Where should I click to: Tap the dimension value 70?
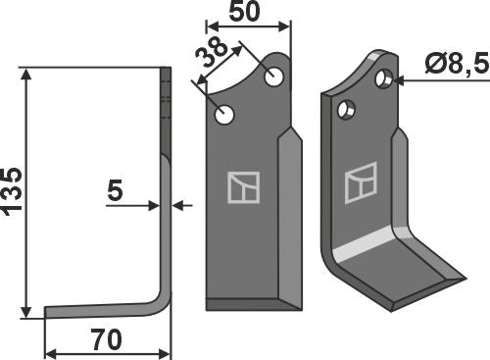point(107,340)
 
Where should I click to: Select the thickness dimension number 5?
point(115,193)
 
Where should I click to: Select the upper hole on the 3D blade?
point(385,77)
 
